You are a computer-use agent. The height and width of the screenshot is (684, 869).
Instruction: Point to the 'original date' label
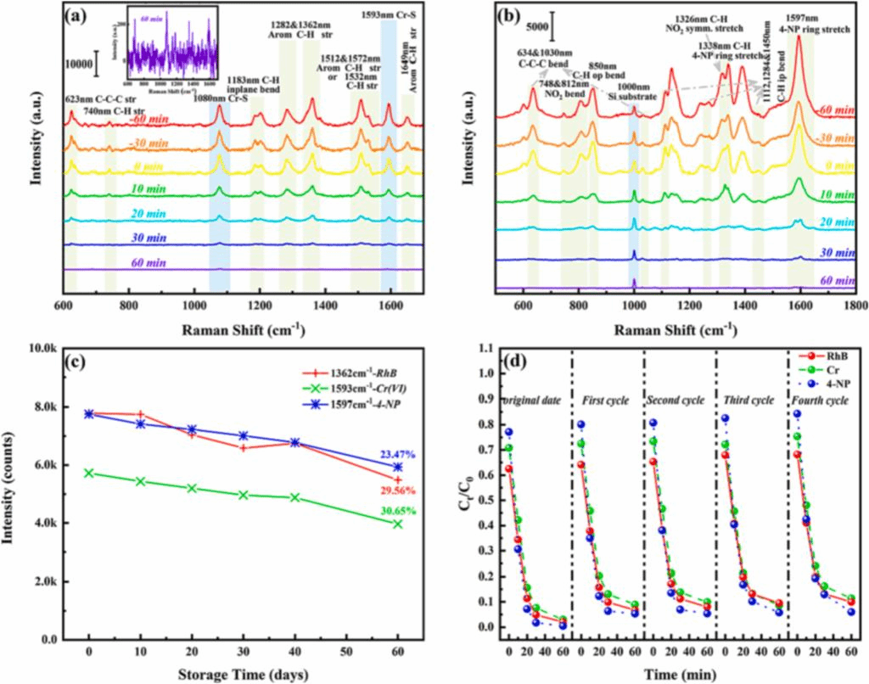(x=533, y=399)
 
